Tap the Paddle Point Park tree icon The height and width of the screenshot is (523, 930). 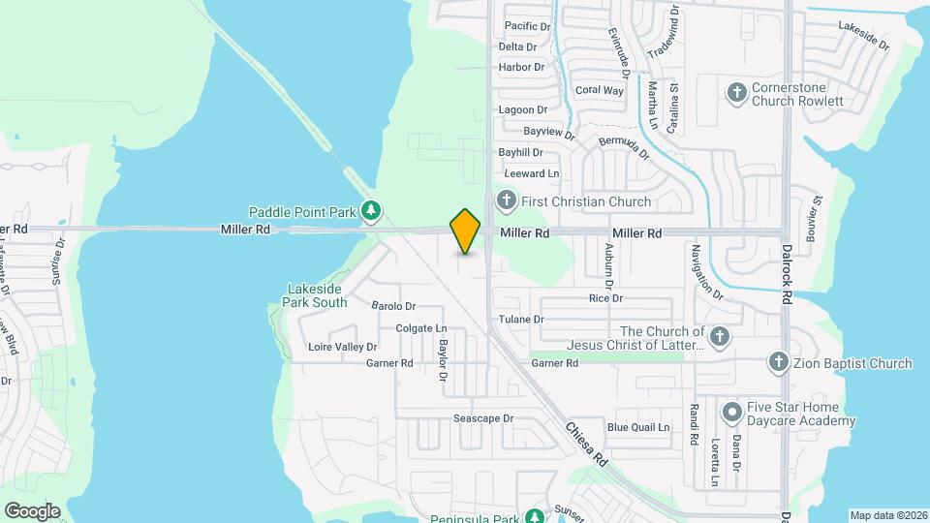click(370, 210)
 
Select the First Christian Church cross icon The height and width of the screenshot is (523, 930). click(505, 201)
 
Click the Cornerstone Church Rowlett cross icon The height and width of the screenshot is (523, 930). click(736, 93)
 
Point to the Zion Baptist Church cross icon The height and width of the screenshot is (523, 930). click(777, 363)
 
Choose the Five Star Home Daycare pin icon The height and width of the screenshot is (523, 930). click(732, 414)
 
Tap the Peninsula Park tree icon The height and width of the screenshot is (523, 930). click(534, 516)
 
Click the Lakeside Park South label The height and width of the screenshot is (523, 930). click(317, 295)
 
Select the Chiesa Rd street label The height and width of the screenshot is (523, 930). click(585, 444)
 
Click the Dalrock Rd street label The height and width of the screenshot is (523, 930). click(786, 271)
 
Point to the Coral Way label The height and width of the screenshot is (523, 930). click(599, 90)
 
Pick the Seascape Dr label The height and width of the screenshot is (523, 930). click(482, 419)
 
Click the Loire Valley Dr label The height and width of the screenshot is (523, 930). click(342, 347)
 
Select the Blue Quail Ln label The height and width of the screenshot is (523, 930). click(638, 427)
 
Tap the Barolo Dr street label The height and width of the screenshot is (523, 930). click(393, 306)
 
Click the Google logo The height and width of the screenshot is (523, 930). click(32, 511)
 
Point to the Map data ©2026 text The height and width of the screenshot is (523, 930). click(886, 515)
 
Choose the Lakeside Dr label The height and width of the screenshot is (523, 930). click(863, 35)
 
